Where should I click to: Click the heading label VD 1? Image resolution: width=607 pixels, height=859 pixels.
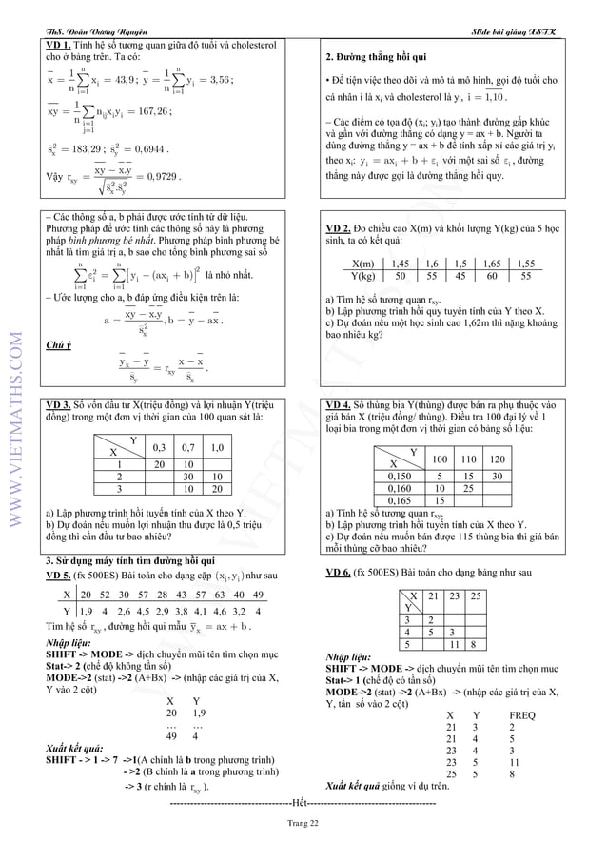point(58,45)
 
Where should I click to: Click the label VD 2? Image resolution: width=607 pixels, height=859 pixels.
point(339,229)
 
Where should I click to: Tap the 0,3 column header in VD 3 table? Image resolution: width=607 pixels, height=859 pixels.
point(159,446)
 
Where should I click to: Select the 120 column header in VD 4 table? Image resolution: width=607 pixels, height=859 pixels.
point(496,459)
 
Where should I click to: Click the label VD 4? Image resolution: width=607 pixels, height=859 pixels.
point(339,404)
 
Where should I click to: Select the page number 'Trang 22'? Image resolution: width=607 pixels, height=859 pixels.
point(303,824)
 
